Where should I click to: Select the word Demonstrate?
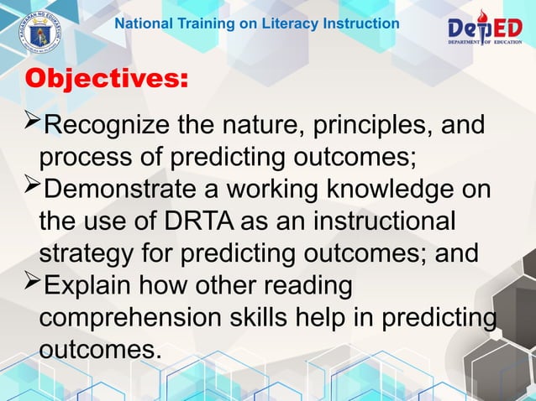[x=125, y=190]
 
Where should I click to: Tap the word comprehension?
[x=134, y=316]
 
